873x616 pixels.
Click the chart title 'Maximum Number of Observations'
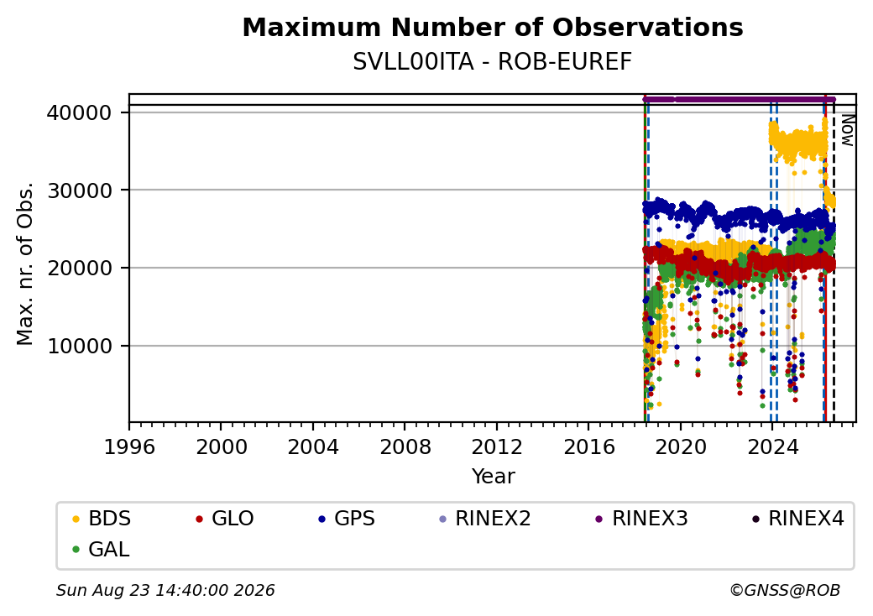coord(493,28)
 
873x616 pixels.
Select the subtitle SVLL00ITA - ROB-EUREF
coord(493,62)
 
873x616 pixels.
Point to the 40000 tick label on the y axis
coord(80,113)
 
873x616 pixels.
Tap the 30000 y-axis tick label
coord(80,191)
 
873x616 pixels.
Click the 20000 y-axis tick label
coord(80,269)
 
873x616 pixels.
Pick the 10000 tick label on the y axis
coord(80,346)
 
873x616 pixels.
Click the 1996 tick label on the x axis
coord(129,446)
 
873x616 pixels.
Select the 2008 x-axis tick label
coord(405,446)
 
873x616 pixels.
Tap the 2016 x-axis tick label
coord(589,446)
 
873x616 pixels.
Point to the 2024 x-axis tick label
coord(773,446)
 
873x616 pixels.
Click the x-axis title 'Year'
coord(494,477)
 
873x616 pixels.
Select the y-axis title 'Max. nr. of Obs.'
coord(25,264)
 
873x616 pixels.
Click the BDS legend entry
coord(102,519)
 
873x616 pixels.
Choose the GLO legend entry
coord(224,519)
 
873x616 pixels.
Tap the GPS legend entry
coord(347,519)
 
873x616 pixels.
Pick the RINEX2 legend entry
coord(485,519)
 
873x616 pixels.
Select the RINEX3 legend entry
coord(641,519)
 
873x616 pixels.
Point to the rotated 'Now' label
coord(847,130)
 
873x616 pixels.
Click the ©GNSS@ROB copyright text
coord(785,590)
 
